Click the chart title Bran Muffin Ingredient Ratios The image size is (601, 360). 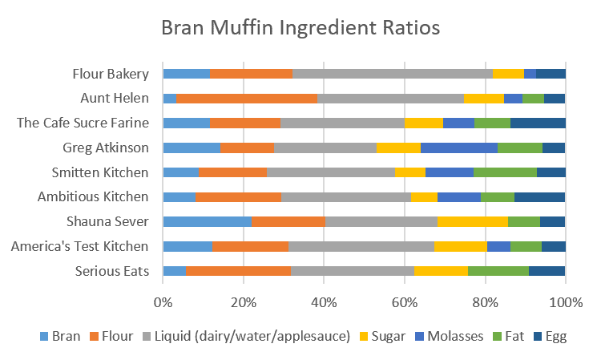click(300, 28)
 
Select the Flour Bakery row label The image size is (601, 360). click(111, 74)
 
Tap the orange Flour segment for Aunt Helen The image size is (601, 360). click(246, 99)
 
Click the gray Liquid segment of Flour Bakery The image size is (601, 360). click(393, 74)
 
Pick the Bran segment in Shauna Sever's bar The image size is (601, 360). click(207, 221)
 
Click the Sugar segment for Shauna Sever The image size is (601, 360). click(473, 221)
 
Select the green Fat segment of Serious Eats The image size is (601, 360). click(498, 271)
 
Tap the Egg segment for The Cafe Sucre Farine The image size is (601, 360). click(538, 123)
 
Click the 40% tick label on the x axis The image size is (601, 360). click(324, 302)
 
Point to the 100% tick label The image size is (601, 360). click(566, 302)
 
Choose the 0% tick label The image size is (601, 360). click(163, 302)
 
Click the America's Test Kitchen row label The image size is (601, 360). click(80, 246)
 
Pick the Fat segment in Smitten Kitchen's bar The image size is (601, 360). click(505, 172)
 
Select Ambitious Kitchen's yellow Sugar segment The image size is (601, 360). click(424, 197)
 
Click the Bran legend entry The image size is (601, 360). click(60, 336)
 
